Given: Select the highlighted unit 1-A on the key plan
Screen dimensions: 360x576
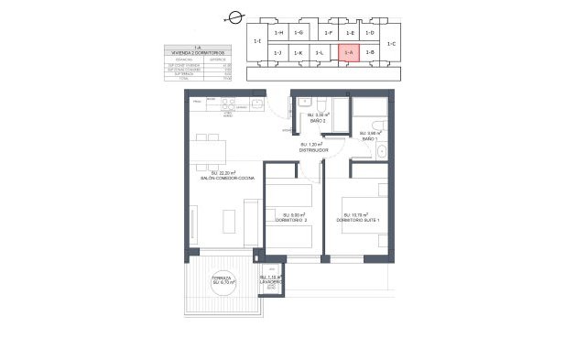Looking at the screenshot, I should click(x=348, y=53).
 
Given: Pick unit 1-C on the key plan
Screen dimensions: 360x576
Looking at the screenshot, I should click(x=392, y=43).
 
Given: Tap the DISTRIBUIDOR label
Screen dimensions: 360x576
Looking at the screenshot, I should click(x=313, y=149).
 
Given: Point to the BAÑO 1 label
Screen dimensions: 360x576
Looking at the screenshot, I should click(x=369, y=138).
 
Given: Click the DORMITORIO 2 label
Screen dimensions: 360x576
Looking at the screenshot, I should click(x=293, y=221).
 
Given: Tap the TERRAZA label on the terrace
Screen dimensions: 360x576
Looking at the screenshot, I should click(x=223, y=278).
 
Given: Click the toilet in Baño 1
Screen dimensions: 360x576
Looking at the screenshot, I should click(x=383, y=152).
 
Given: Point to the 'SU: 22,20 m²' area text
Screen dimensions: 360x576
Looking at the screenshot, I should click(x=223, y=172).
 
